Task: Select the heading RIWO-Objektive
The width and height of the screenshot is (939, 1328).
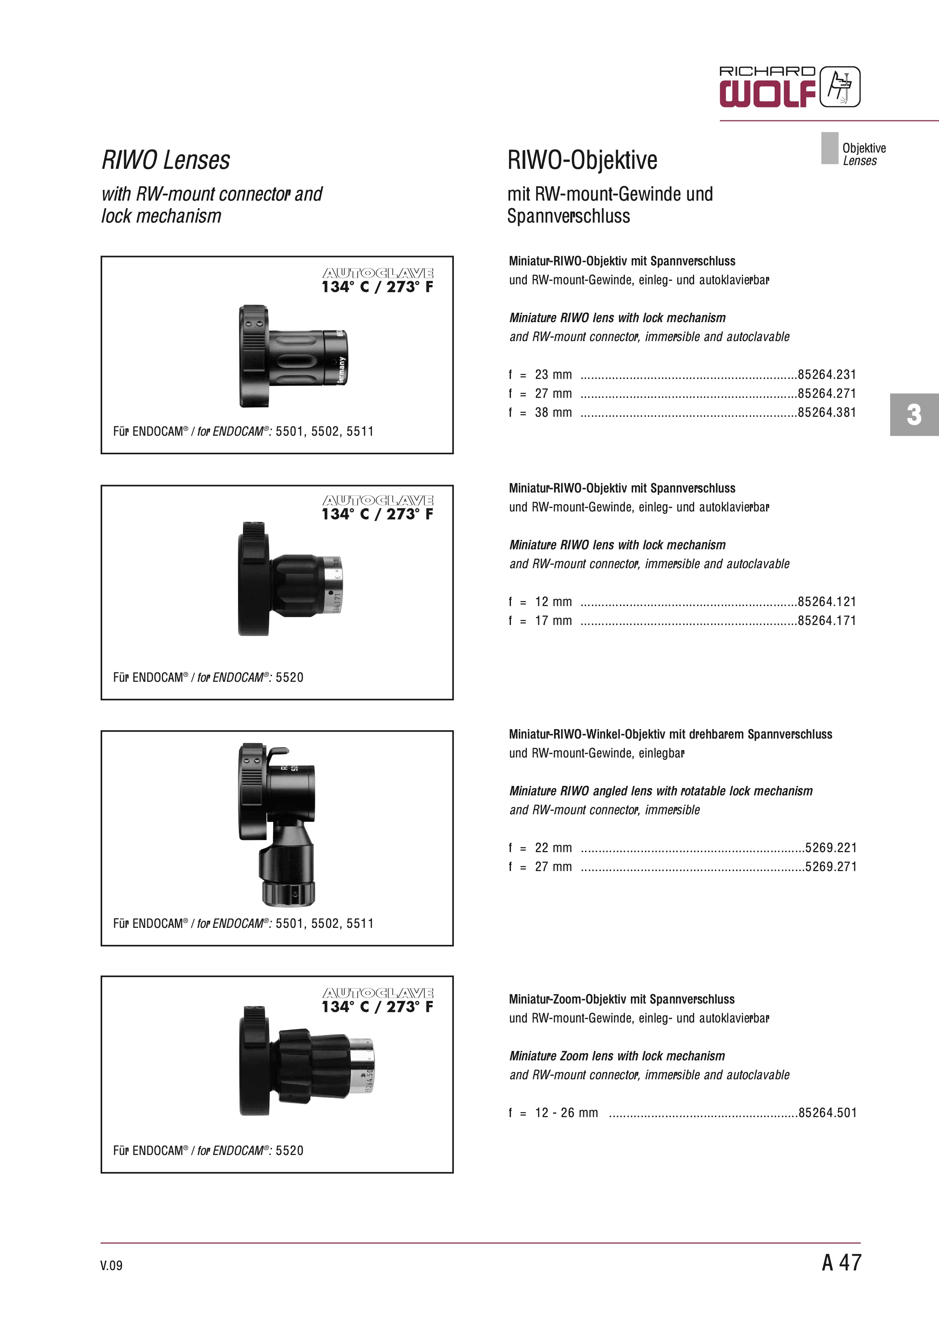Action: pos(582,160)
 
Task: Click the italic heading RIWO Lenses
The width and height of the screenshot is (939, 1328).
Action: pos(165,160)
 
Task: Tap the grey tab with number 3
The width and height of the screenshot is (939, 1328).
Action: pos(914,414)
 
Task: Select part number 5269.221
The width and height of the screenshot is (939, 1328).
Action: pos(830,847)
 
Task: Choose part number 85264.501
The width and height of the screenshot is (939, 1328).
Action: pos(827,1112)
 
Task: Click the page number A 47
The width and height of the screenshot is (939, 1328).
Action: pos(841,1262)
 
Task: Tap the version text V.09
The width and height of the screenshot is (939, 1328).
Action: pos(111,1265)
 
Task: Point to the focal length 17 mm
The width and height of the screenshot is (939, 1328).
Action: pos(553,620)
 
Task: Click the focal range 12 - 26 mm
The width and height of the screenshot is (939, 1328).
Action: pos(566,1112)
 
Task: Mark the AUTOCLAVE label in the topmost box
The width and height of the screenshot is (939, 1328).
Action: pos(378,273)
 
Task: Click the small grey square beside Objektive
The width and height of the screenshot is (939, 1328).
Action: pos(829,148)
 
